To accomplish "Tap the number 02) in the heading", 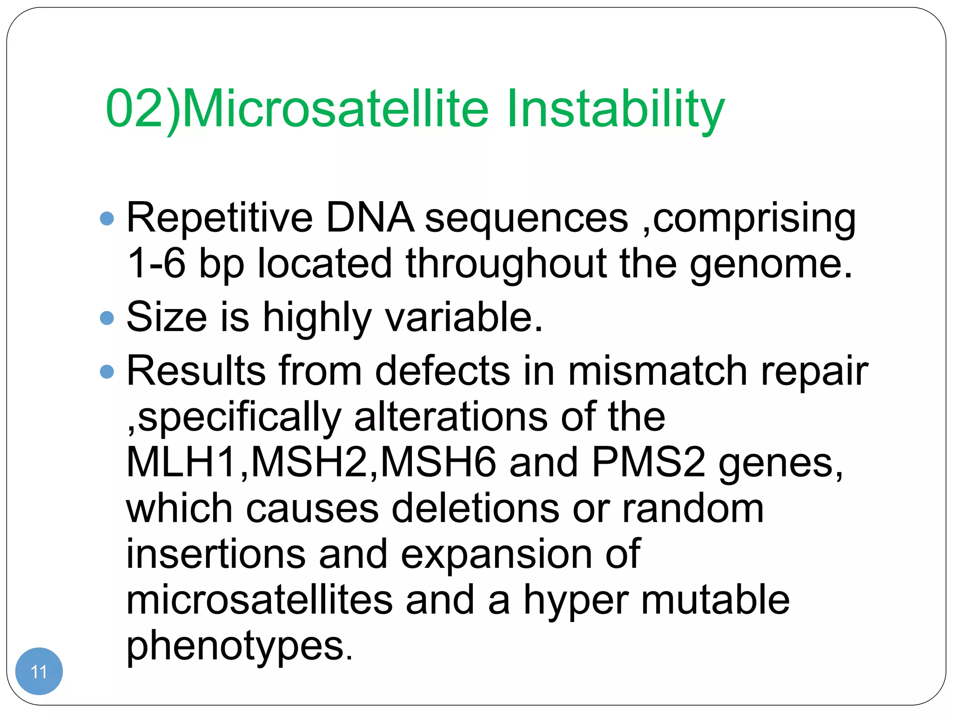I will pos(142,109).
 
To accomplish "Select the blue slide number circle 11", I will pos(39,671).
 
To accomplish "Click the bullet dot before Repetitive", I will pos(107,219).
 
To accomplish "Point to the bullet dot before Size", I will pos(107,318).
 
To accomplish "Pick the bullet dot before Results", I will pos(107,371).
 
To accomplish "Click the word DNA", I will pos(370,217).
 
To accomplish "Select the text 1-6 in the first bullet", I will pos(156,263).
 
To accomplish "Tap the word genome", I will pos(770,263).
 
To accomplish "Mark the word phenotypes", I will pos(239,646).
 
